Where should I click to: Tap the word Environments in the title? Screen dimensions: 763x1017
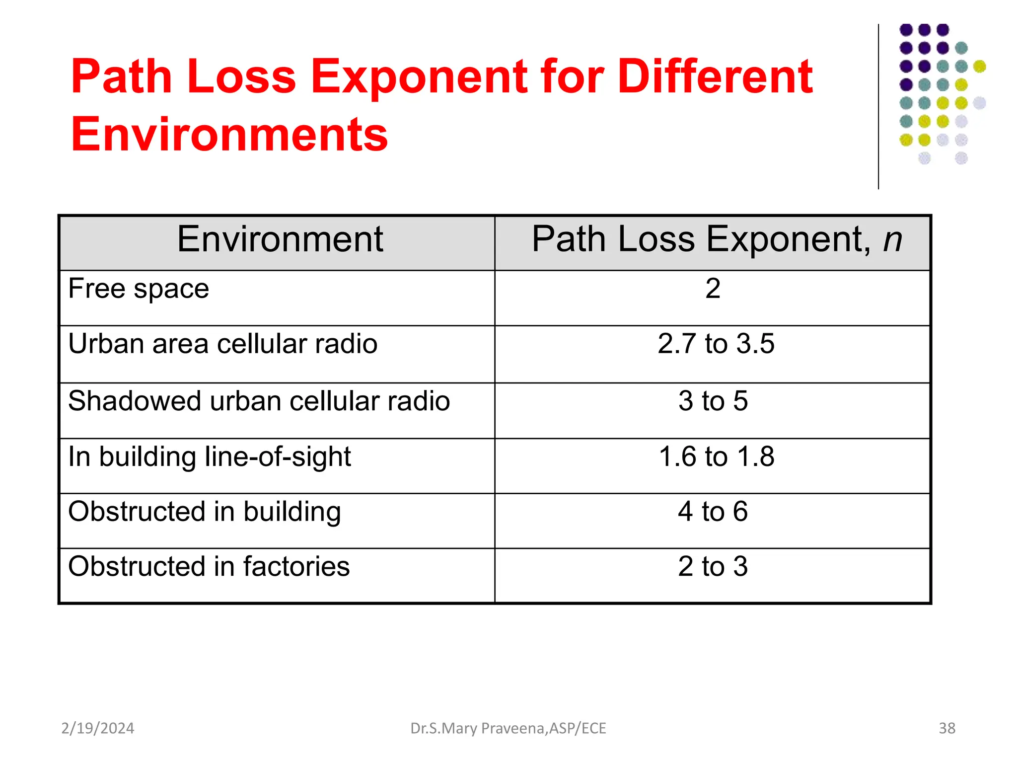229,134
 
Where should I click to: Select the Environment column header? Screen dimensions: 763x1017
280,239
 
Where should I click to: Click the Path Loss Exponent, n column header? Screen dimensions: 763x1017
717,239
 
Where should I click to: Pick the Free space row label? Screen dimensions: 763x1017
139,289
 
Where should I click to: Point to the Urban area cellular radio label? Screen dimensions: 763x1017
223,344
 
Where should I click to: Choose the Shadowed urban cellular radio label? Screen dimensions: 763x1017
259,401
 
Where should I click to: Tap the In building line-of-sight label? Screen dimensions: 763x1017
210,457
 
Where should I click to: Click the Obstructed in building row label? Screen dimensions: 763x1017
205,512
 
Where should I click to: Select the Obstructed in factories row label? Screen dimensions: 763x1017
209,566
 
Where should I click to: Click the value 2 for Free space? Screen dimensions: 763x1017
713,289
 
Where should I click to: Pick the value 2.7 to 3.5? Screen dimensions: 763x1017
716,344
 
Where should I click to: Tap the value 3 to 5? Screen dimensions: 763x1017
713,401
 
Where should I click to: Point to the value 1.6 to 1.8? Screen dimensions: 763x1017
716,457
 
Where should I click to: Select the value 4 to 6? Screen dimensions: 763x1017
713,512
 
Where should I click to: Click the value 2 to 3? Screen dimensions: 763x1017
713,566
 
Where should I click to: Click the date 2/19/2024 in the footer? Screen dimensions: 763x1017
98,728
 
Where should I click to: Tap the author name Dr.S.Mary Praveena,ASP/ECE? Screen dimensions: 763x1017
508,728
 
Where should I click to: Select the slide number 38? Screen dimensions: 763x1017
947,728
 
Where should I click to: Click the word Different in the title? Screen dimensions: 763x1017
715,77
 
